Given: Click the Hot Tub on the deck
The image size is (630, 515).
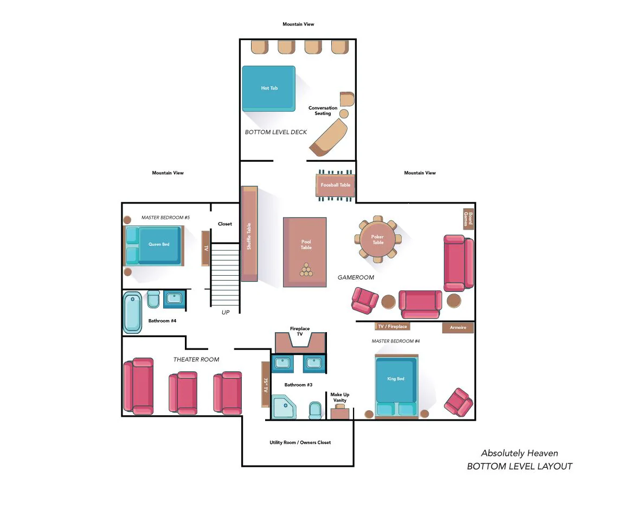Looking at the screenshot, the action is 269,88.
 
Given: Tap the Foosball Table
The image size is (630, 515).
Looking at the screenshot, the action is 336,186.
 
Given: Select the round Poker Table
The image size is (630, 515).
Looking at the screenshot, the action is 378,239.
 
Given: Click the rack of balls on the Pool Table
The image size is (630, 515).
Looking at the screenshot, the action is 306,270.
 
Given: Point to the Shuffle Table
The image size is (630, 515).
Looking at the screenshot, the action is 249,233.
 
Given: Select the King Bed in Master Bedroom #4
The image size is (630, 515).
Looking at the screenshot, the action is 396,386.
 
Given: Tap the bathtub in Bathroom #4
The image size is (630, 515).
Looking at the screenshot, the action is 132,313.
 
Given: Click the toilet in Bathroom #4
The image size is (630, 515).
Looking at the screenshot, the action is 153,299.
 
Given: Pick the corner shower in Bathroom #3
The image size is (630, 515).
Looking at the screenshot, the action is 284,407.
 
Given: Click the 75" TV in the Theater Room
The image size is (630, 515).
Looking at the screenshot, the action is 266,384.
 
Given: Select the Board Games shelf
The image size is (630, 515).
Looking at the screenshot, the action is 468,219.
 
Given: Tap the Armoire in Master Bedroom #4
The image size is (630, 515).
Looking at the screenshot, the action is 458,328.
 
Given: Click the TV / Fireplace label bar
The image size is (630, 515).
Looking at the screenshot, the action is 392,327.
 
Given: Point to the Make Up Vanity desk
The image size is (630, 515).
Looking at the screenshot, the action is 340,412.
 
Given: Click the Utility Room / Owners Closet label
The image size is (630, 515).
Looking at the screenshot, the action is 300,443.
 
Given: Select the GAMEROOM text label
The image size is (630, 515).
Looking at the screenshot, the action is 356,277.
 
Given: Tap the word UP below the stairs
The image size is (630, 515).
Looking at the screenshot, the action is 226,313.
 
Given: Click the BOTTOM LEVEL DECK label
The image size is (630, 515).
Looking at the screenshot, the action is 275,132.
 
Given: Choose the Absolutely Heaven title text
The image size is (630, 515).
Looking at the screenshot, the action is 519,453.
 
